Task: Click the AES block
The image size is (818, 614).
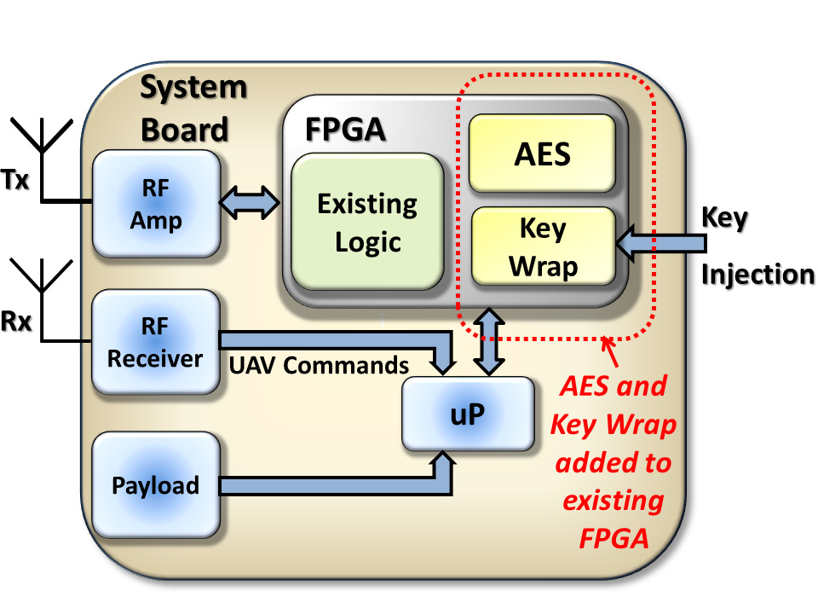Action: point(542,153)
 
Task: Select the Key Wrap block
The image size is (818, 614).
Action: point(543,246)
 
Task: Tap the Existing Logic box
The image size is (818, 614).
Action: point(367,223)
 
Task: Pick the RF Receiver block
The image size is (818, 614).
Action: point(155,341)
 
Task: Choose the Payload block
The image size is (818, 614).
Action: point(155,485)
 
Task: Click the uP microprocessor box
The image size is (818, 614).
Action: point(468,414)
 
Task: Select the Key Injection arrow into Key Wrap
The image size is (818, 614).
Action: point(663,246)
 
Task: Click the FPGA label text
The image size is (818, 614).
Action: point(345,130)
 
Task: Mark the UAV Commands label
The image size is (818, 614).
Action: point(319,365)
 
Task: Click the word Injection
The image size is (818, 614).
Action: point(757,275)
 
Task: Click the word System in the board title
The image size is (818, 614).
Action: point(193,87)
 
